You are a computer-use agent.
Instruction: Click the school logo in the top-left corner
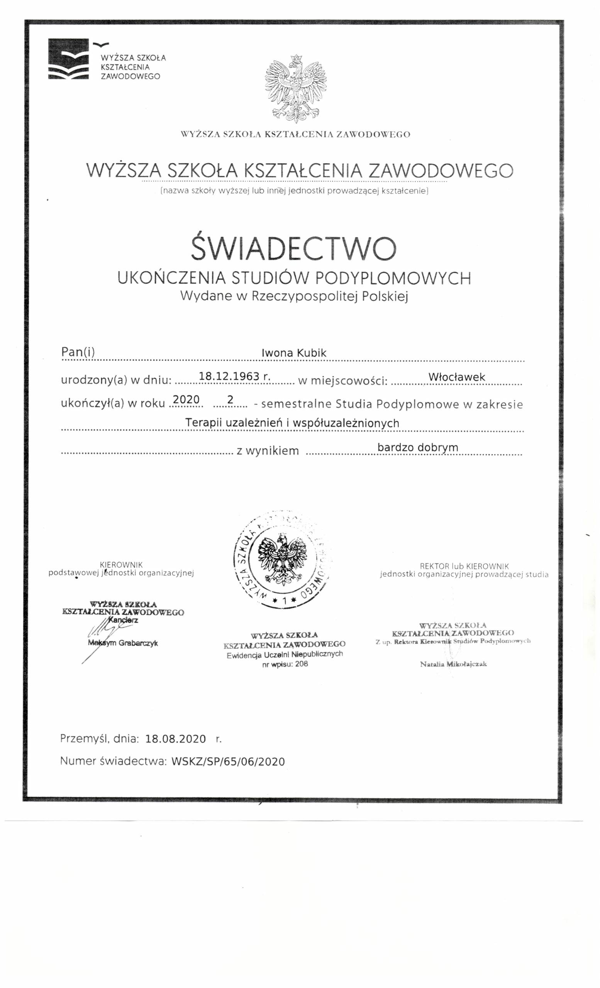coord(68,59)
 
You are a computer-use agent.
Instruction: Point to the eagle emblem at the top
coord(297,88)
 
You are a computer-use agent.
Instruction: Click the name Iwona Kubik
coord(293,353)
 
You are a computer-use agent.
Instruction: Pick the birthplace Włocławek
coord(456,377)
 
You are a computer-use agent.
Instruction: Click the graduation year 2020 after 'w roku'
coord(186,399)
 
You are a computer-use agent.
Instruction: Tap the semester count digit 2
coord(230,399)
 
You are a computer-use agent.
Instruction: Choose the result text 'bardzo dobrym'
coord(417,447)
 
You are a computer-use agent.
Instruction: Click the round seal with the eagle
coord(281,559)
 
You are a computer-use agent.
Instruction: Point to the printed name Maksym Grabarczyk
coord(123,643)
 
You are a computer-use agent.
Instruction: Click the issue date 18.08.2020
coord(176,739)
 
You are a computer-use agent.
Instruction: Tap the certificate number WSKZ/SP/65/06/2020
coord(228,761)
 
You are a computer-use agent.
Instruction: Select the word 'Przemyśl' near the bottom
coord(84,739)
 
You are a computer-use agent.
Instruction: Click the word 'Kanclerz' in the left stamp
coord(123,620)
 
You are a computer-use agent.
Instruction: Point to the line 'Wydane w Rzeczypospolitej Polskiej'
coord(293,296)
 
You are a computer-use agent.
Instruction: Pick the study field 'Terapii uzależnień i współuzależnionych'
coord(292,423)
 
